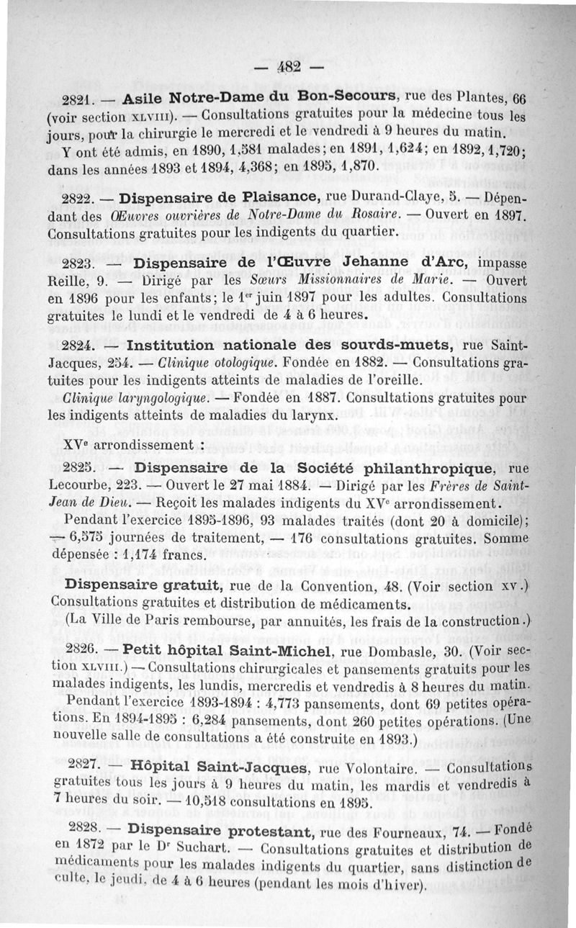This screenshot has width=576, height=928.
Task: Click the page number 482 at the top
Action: click(289, 69)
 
